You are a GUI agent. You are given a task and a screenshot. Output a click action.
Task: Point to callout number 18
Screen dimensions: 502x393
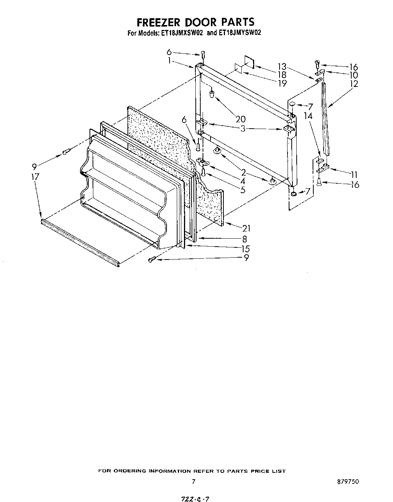[282, 74]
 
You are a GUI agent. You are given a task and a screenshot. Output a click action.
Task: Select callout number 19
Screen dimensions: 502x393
[282, 83]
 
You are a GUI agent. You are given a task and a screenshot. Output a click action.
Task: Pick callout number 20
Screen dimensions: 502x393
[240, 119]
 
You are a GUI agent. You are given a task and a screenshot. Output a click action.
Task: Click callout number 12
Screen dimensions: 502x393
[354, 84]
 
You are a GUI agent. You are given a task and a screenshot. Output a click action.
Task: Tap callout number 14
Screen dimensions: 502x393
[308, 116]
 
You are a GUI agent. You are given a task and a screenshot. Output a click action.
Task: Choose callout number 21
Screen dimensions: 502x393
[247, 228]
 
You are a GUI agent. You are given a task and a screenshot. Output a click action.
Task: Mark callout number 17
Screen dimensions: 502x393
[35, 176]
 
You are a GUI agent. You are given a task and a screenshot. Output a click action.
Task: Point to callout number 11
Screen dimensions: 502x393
[354, 175]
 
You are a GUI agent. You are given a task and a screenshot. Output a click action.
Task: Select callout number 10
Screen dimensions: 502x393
[354, 75]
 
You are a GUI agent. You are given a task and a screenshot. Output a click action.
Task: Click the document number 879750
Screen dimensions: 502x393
[347, 482]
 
